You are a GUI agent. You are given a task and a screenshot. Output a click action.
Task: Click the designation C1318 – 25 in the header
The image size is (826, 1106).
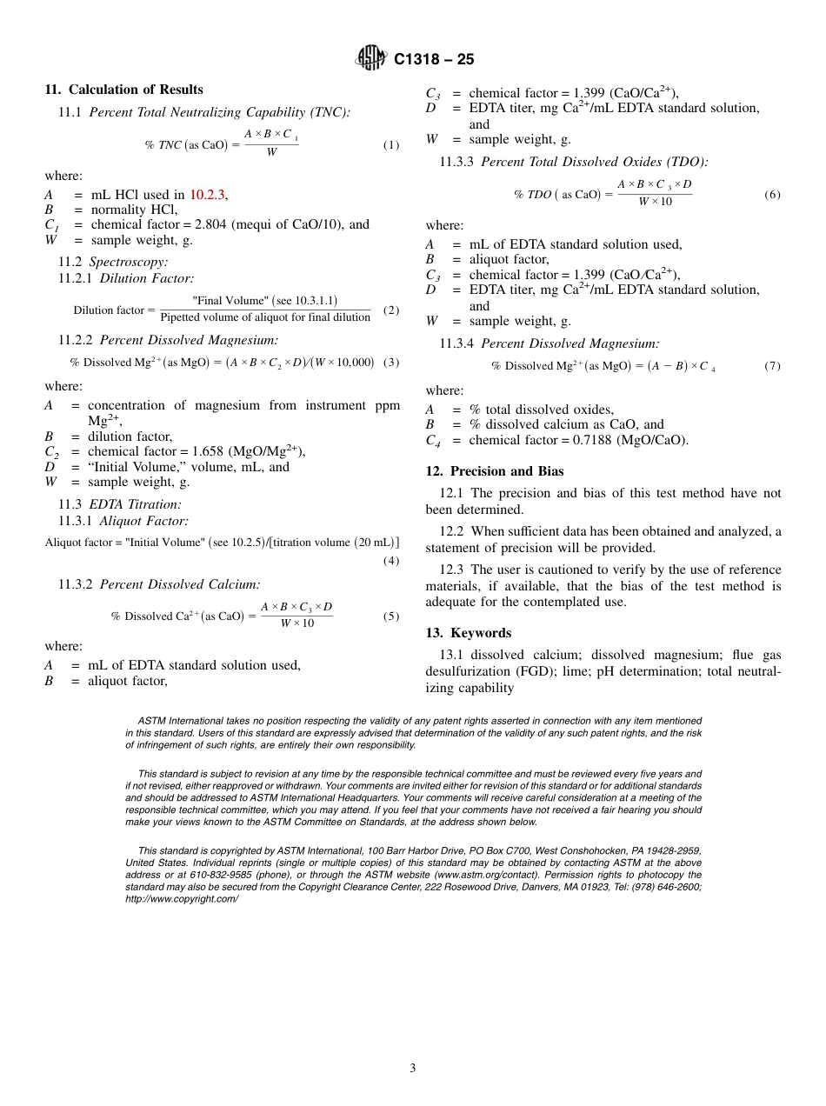(434, 59)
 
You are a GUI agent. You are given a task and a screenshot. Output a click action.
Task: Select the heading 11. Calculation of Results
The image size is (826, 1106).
(123, 90)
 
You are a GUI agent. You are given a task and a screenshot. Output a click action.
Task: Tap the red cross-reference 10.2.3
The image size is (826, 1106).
(209, 195)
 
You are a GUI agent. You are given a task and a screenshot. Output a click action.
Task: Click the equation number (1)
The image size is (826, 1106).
(391, 145)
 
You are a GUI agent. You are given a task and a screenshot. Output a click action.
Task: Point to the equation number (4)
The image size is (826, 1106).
(391, 561)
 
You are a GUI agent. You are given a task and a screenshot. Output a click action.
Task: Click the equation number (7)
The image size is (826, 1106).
(772, 366)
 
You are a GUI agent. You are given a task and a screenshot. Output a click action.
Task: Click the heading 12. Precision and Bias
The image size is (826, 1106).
(495, 471)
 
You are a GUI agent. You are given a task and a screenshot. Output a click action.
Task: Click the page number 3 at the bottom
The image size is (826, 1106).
(413, 1068)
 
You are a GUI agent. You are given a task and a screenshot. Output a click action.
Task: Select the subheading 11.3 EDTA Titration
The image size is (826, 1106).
(120, 504)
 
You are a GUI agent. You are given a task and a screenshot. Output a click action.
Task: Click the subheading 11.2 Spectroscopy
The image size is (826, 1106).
(113, 262)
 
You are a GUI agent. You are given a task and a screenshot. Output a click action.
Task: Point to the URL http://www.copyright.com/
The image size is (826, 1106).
(182, 899)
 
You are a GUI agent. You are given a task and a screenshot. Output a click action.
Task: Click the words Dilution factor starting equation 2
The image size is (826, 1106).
(109, 310)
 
